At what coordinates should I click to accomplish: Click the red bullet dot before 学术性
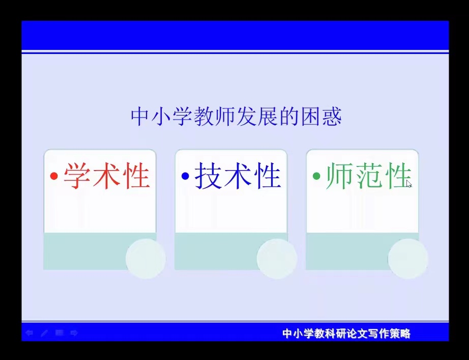point(54,176)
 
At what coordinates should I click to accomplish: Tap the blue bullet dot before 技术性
point(185,176)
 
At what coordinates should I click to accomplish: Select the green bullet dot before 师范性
point(316,176)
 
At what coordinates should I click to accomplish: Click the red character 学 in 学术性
point(77,176)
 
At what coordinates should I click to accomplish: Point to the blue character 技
point(208,176)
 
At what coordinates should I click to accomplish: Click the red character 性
point(136,176)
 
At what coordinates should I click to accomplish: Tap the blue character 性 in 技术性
point(267,176)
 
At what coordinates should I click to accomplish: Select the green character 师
point(339,176)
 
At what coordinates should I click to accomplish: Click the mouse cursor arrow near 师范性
point(409,184)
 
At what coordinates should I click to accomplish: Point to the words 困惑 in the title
point(321,117)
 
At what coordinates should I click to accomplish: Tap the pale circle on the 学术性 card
point(145,259)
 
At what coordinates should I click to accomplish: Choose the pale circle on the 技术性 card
point(277,259)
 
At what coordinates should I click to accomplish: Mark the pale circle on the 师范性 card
point(408,259)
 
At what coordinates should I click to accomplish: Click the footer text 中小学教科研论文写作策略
point(346,334)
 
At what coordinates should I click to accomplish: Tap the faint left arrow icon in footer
point(29,333)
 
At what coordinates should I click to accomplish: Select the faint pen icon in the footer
point(44,333)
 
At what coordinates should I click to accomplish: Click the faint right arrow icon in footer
point(74,333)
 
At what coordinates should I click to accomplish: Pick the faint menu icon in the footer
point(59,333)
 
